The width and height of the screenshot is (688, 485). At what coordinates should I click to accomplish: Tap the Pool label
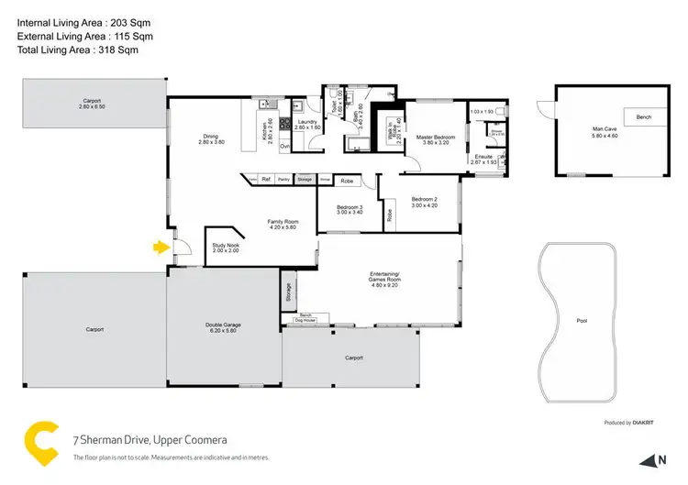click(582, 322)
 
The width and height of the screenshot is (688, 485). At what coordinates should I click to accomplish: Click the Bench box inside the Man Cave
click(642, 116)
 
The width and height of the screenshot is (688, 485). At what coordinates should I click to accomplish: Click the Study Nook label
click(225, 245)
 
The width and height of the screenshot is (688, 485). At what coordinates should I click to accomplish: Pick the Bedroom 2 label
click(425, 199)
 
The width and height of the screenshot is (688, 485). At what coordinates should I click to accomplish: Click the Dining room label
click(209, 138)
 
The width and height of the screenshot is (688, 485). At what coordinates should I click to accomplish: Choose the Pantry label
click(284, 179)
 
